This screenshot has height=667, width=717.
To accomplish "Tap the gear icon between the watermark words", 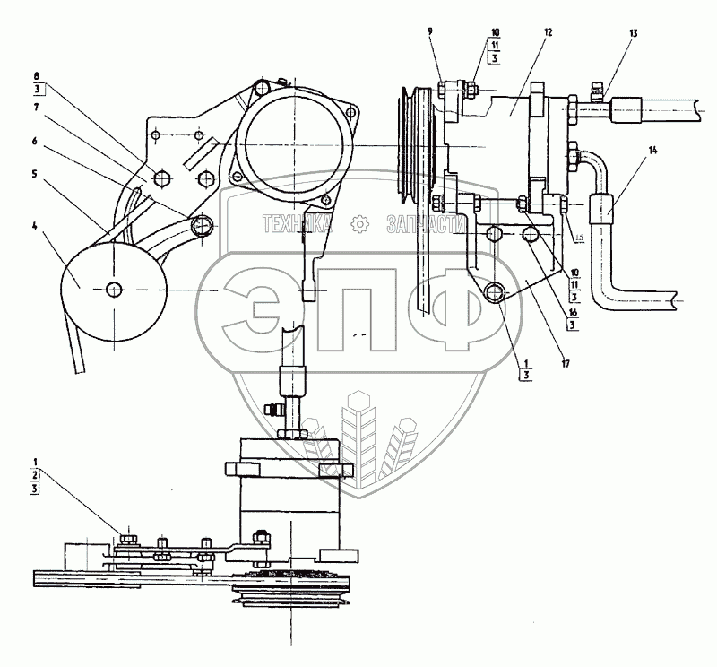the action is tap(359, 223).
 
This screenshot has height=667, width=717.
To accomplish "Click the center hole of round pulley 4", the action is tap(114, 289).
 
